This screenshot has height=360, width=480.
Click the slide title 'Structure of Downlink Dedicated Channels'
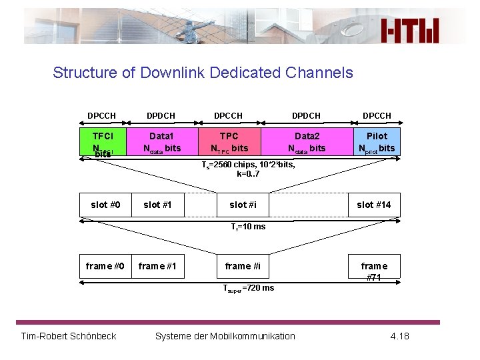pos(203,73)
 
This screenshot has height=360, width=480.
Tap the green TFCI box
pos(102,142)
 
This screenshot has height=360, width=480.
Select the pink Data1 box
pos(161,142)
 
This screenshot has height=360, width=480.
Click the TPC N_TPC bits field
pos(229,142)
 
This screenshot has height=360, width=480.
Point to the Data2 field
pos(307,142)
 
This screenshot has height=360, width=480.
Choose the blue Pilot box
pos(377,142)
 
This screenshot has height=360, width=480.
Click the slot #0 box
pos(105,205)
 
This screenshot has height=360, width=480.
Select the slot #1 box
pos(157,205)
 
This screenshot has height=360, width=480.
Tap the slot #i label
pos(243,205)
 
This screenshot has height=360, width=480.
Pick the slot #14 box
pos(374,205)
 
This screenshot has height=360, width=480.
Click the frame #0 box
pos(105,266)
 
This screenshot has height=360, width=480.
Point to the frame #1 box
pos(157,266)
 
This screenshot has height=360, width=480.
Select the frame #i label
pos(243,266)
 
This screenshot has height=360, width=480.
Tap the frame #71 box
pos(374,271)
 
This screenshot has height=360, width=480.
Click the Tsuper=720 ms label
pos(248,288)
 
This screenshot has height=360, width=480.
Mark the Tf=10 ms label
pos(248,227)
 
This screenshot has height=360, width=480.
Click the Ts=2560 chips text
pos(248,169)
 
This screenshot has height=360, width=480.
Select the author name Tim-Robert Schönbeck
pos(69,335)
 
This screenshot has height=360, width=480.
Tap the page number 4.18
pos(399,335)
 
